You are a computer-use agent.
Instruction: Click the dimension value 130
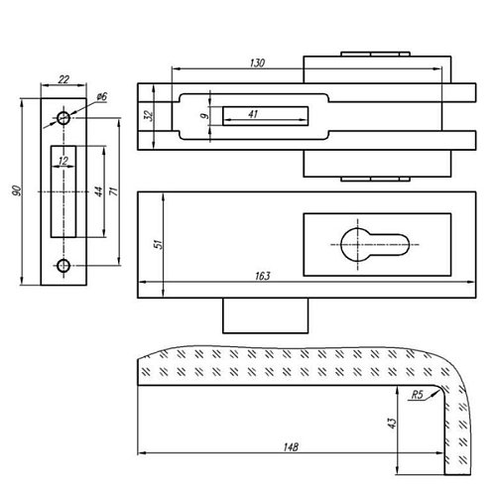(x=257, y=62)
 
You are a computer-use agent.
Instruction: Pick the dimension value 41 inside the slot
(x=253, y=115)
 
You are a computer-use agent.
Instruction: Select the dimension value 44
(x=97, y=191)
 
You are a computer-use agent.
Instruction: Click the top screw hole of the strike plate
(x=64, y=118)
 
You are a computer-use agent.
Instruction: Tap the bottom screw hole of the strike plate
(x=64, y=265)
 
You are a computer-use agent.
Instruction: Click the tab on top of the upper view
(x=373, y=53)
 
